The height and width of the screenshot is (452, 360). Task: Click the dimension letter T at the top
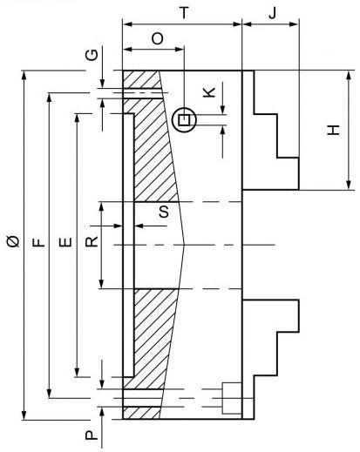click(x=185, y=13)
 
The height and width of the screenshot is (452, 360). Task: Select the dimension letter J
click(x=272, y=13)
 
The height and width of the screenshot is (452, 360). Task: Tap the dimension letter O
click(x=158, y=38)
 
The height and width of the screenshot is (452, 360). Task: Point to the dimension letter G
click(x=92, y=55)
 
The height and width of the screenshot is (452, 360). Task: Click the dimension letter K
click(x=209, y=91)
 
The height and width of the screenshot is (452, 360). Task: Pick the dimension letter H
click(x=333, y=130)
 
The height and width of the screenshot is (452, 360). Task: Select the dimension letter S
click(x=164, y=212)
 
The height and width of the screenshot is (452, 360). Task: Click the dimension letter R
click(x=92, y=241)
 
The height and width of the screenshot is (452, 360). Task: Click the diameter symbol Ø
click(x=13, y=241)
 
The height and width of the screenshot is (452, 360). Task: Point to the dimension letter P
click(x=92, y=435)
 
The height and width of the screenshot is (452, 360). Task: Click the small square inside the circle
click(x=184, y=119)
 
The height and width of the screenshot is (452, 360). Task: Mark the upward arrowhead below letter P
click(x=102, y=413)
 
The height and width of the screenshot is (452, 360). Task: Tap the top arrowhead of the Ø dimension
click(x=24, y=77)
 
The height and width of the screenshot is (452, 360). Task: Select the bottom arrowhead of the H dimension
click(x=349, y=184)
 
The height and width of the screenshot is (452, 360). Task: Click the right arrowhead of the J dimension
click(x=293, y=24)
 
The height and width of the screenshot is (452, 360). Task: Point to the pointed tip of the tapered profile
click(x=184, y=245)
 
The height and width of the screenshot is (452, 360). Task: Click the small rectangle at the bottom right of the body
click(x=232, y=398)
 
